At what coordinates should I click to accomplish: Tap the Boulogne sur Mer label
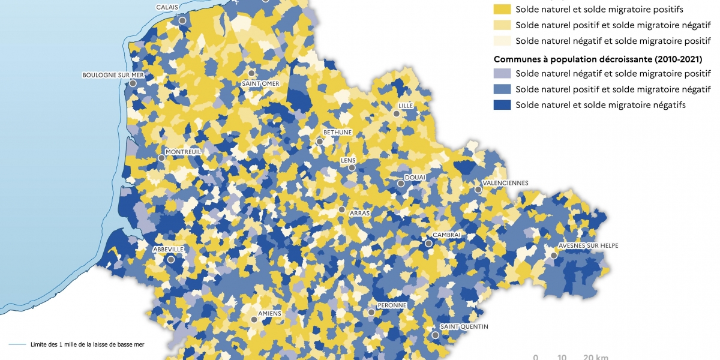tap(113, 75)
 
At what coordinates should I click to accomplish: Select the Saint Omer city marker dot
tap(251, 73)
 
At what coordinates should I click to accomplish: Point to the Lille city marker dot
tap(396, 113)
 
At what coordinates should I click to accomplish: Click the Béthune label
tap(337, 132)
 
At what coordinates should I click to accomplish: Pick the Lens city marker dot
tap(352, 168)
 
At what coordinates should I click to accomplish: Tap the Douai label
tap(415, 178)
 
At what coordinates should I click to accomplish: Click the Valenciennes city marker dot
tap(478, 190)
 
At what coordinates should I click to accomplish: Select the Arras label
tap(359, 213)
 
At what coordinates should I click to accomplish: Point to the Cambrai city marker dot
tap(428, 244)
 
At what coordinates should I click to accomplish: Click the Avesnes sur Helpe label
tap(588, 245)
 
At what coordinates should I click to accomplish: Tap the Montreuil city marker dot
tap(161, 158)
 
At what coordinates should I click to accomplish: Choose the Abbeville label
tap(168, 249)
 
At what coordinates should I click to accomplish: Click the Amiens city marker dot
tap(254, 320)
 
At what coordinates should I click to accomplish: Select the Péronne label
tap(391, 305)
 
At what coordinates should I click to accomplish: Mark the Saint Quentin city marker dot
tap(435, 335)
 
